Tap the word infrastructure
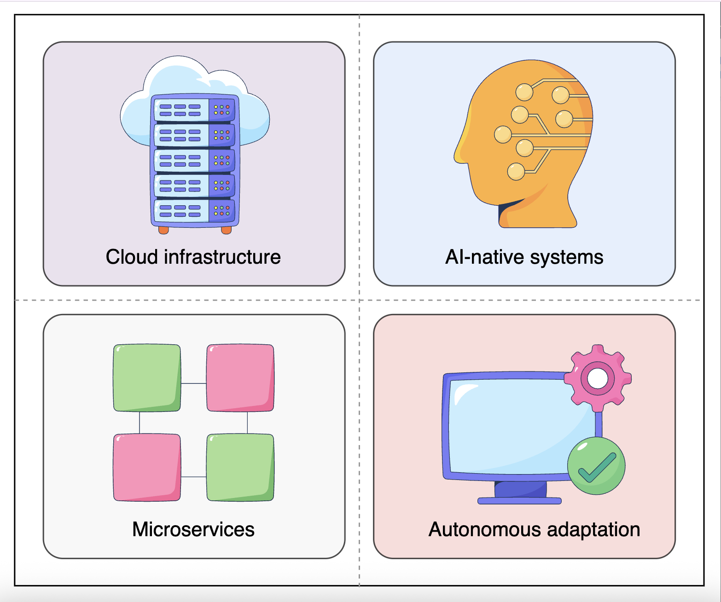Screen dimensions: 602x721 tap(222, 257)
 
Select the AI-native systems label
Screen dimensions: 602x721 tap(524, 257)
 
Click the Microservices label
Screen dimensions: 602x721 tap(193, 529)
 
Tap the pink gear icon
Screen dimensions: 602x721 tap(598, 378)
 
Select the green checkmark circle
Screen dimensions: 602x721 tap(596, 466)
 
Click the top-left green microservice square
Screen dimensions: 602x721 tap(147, 377)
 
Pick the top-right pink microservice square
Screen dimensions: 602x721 tap(240, 377)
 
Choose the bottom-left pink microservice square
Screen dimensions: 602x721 tap(147, 467)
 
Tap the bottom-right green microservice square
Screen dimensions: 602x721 tap(240, 467)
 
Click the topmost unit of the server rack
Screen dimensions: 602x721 tap(195, 109)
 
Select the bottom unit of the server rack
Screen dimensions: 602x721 tap(195, 210)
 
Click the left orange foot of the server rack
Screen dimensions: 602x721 tap(163, 230)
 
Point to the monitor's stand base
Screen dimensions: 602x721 tap(519, 501)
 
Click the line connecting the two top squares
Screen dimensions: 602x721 tap(193, 383)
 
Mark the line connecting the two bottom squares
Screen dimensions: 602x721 tap(193, 477)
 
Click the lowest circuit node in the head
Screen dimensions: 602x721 tap(516, 172)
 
